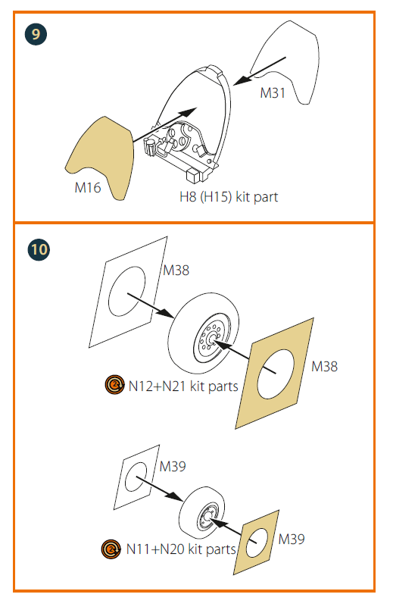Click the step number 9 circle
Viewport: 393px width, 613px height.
[x=36, y=34]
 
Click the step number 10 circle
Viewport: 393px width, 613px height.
[x=39, y=250]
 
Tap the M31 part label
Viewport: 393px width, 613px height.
[x=273, y=93]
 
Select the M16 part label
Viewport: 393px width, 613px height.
[x=88, y=188]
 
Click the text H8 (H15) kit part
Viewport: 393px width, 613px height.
[x=229, y=197]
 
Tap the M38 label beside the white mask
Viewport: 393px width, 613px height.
[x=176, y=271]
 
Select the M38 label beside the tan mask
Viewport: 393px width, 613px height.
[x=324, y=366]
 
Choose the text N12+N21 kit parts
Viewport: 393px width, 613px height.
[x=183, y=386]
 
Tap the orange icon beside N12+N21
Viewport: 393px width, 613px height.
[x=114, y=385]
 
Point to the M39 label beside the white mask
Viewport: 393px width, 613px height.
[x=173, y=466]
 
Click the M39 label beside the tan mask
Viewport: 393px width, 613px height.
[x=292, y=539]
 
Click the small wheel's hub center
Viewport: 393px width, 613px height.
[x=206, y=518]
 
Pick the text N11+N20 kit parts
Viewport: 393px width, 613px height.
[x=181, y=549]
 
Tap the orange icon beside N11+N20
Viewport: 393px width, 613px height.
[x=111, y=549]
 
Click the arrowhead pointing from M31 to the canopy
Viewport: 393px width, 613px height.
[x=242, y=80]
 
